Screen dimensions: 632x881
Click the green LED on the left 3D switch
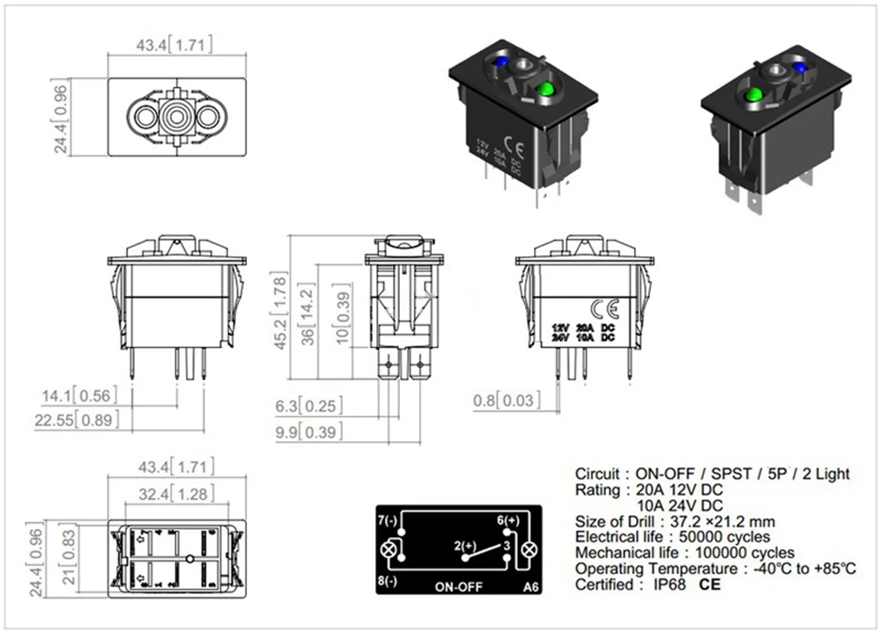click(x=544, y=89)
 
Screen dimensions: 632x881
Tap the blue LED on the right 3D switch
click(x=801, y=68)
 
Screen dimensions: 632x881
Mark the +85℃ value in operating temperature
click(x=832, y=569)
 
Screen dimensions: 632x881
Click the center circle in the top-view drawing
click(x=176, y=114)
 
